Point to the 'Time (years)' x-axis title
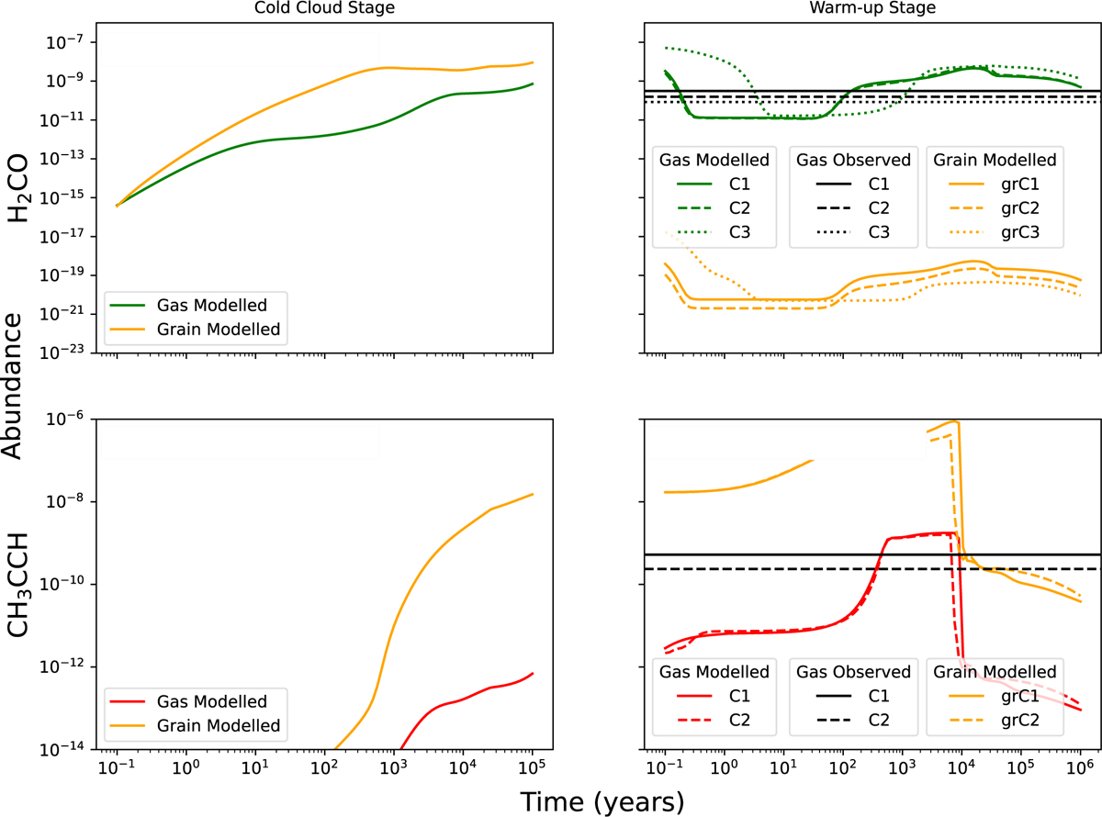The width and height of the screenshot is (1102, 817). coord(602,800)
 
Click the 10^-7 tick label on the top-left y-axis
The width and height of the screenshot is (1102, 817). coord(68,42)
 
